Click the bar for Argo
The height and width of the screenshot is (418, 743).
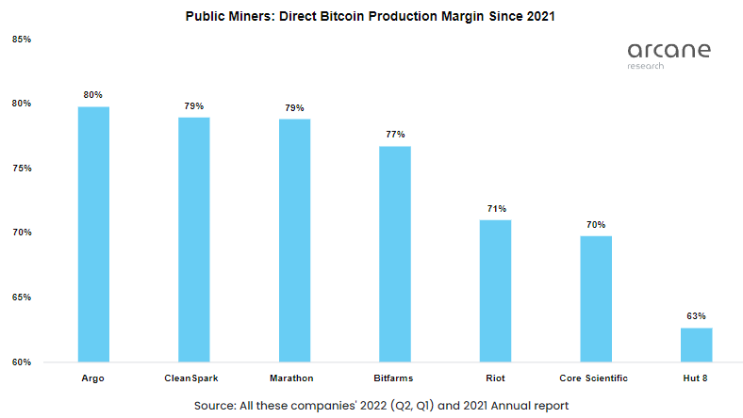[93, 233]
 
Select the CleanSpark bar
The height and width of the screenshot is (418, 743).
[193, 239]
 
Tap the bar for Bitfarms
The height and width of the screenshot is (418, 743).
[395, 253]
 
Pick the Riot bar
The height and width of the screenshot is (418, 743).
[495, 290]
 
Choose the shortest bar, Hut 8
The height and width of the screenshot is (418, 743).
[696, 345]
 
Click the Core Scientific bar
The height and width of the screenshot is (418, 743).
[596, 298]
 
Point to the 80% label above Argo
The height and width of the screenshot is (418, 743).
[93, 95]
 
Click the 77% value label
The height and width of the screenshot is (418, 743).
[395, 135]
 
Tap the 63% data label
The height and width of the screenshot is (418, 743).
[696, 316]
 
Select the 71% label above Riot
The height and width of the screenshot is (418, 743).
[495, 208]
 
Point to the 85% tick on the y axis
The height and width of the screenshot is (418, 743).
[23, 40]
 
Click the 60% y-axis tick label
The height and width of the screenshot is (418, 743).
[23, 362]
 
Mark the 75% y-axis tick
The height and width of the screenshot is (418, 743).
[23, 169]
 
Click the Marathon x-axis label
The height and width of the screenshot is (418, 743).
[294, 378]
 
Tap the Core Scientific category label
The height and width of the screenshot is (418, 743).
[596, 378]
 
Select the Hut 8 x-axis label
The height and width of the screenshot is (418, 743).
[696, 378]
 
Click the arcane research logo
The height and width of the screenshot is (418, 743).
[669, 54]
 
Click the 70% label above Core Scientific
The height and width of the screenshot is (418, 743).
[596, 224]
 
